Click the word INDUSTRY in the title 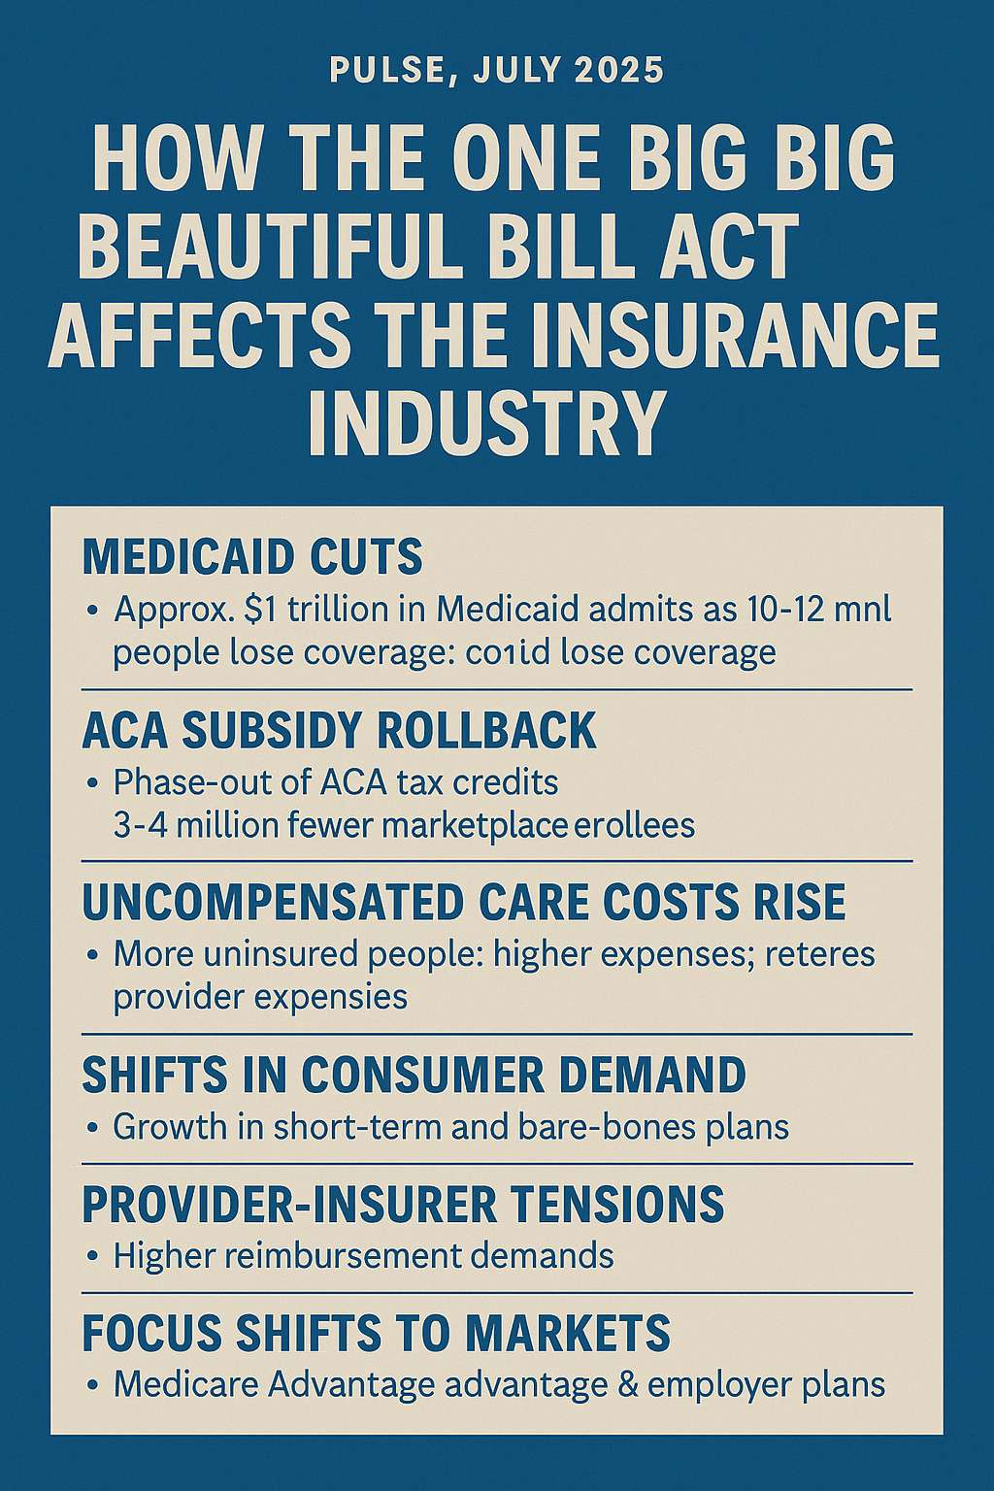(x=485, y=420)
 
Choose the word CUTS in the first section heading (x=371, y=557)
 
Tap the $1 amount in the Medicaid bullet (x=262, y=611)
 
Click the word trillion (x=336, y=611)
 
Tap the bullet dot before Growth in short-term (x=91, y=1128)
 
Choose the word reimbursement (x=354, y=1256)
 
